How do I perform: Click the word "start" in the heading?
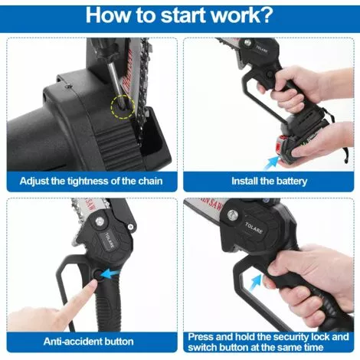click(183, 15)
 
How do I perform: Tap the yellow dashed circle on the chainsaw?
click(123, 106)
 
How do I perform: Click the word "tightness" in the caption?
click(87, 181)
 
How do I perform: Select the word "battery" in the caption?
click(291, 182)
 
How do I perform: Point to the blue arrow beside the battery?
click(272, 162)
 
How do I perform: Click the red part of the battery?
click(282, 145)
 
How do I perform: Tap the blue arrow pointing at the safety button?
click(111, 274)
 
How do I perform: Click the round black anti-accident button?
click(97, 275)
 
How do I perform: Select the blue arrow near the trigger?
click(255, 283)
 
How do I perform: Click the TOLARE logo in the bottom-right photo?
click(254, 227)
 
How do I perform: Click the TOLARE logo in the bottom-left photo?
click(110, 241)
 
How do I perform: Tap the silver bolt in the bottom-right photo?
click(232, 214)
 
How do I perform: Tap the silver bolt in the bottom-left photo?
click(100, 221)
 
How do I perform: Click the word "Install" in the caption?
click(244, 181)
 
